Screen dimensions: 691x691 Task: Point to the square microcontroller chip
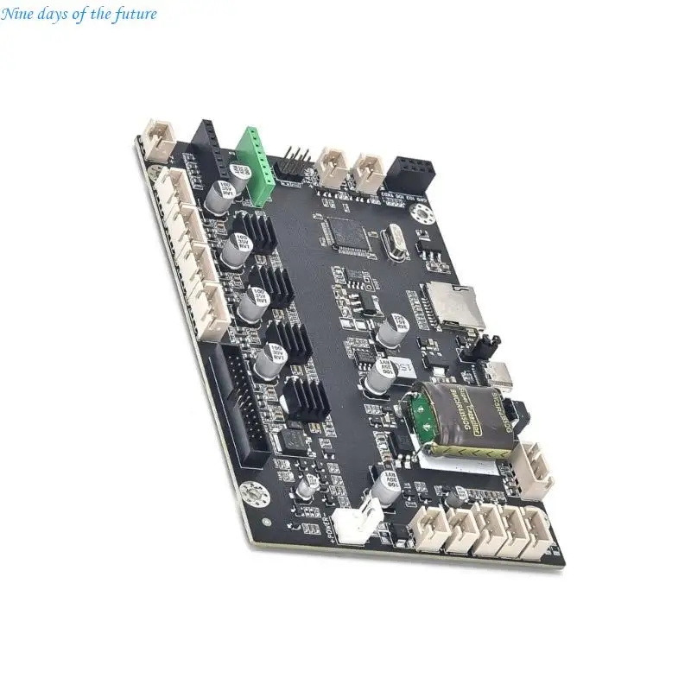[349, 235]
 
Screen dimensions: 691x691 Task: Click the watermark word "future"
[136, 15]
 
